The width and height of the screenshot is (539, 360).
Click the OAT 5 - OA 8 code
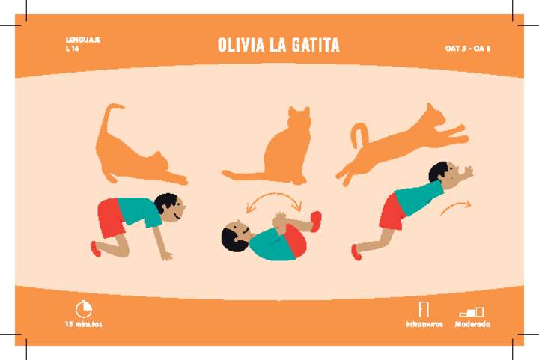point(467,48)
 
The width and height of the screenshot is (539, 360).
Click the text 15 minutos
point(83,325)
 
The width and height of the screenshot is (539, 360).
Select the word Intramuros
point(424,325)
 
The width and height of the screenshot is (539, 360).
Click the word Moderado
point(472,325)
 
